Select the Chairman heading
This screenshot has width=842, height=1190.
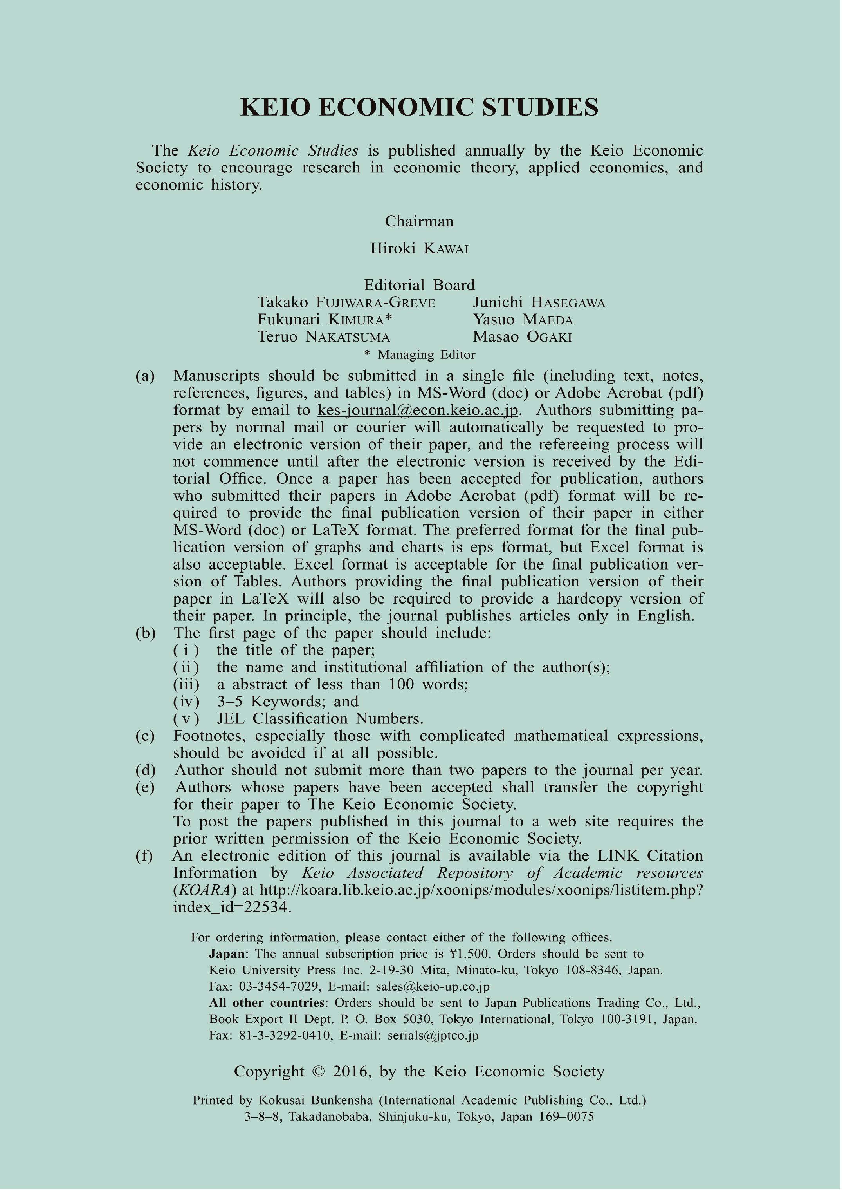click(x=419, y=222)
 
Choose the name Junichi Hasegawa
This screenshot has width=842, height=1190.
click(x=539, y=303)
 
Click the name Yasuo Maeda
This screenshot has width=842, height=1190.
click(x=523, y=320)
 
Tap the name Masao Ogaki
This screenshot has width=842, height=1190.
click(x=522, y=337)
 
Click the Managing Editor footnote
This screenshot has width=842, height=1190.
click(x=420, y=355)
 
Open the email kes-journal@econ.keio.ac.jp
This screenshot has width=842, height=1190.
click(x=418, y=411)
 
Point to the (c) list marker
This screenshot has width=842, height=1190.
click(x=145, y=736)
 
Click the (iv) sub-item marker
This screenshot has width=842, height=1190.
click(x=186, y=702)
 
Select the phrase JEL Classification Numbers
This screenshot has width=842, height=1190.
click(x=320, y=719)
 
